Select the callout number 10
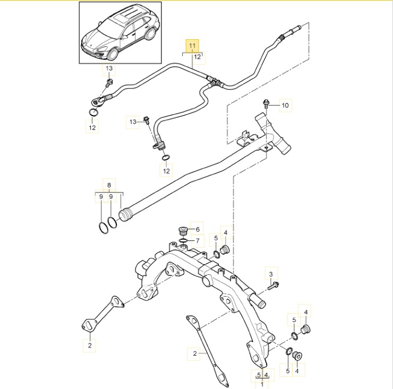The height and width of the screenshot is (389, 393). pos(285,106)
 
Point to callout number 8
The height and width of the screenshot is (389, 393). pos(109,185)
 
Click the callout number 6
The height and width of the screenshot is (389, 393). pos(197,229)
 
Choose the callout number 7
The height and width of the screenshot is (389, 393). pos(197,240)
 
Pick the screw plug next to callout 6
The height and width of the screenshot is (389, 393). pos(183,232)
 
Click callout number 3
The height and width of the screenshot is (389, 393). pos(270,274)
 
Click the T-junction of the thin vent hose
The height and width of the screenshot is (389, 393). pos(215,82)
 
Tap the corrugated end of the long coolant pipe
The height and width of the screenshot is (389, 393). pos(125,215)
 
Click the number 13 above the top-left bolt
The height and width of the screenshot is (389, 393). pos(108,69)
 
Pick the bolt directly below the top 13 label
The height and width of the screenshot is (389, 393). pos(108,83)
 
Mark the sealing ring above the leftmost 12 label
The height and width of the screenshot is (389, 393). pos(93,112)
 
